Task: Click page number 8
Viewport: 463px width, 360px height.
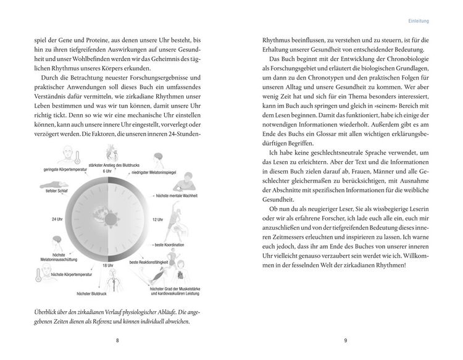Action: pyautogui.click(x=118, y=340)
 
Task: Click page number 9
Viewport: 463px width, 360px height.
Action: pyautogui.click(x=345, y=340)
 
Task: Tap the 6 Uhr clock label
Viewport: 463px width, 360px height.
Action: pyautogui.click(x=107, y=170)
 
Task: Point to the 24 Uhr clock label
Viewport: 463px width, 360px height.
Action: pyautogui.click(x=57, y=219)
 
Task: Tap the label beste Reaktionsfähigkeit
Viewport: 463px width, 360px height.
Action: pyautogui.click(x=151, y=263)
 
